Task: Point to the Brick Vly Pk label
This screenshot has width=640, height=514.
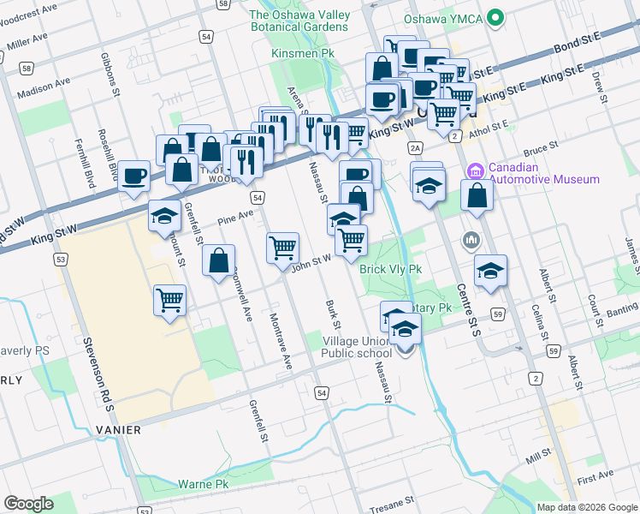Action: [x=391, y=269]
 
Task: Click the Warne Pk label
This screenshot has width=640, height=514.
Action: [x=202, y=485]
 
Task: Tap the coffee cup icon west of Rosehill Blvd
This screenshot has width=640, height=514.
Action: [x=133, y=176]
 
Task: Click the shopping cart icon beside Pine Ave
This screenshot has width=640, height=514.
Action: [x=282, y=248]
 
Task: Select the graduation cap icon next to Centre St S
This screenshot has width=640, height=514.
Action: [x=490, y=271]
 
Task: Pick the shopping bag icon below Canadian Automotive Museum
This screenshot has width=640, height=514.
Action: [x=477, y=195]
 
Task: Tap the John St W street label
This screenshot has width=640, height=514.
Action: [x=311, y=262]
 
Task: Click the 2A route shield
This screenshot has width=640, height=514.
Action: [x=416, y=148]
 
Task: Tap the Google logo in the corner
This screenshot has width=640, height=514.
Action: [x=28, y=503]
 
